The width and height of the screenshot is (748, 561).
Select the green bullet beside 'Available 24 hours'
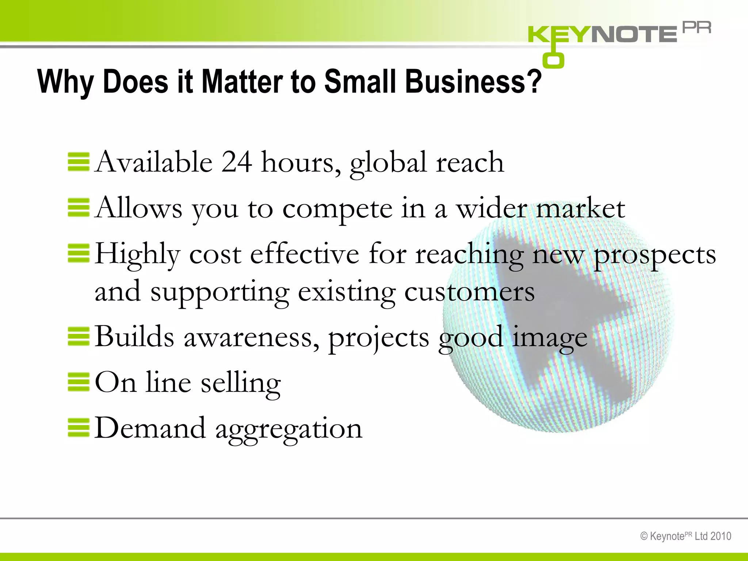(x=79, y=162)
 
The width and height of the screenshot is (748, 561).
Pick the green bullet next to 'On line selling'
(x=79, y=382)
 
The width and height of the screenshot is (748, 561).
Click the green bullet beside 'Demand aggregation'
(x=79, y=428)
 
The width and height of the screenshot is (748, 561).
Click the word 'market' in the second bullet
(x=580, y=208)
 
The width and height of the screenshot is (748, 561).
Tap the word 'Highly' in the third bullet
(x=138, y=254)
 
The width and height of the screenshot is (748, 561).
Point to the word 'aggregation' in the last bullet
(x=289, y=428)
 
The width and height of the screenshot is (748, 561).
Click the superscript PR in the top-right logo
(x=697, y=28)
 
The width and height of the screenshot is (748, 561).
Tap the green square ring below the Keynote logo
(x=553, y=60)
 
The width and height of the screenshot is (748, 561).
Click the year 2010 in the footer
(x=721, y=536)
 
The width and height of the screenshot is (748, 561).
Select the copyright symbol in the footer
(x=644, y=536)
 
